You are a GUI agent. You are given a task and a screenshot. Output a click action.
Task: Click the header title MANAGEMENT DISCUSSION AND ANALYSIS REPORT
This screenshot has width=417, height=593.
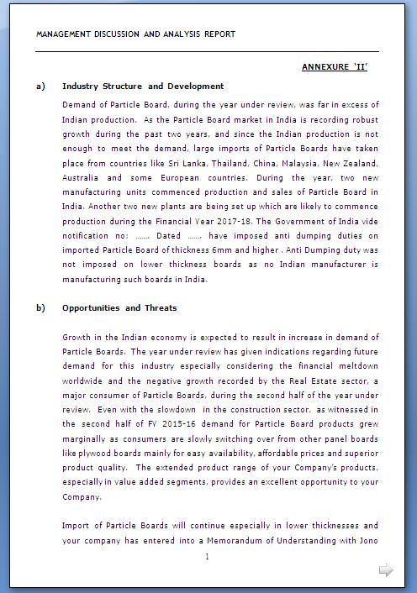pyautogui.click(x=136, y=34)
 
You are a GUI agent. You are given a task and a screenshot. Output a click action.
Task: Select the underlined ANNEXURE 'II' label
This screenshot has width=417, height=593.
pyautogui.click(x=335, y=66)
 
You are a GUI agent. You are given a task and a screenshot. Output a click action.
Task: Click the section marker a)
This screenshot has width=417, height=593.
pyautogui.click(x=40, y=86)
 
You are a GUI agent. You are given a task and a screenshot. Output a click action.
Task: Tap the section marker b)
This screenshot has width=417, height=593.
pyautogui.click(x=40, y=307)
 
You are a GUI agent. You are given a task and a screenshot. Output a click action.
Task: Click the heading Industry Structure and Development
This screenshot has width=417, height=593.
pyautogui.click(x=143, y=86)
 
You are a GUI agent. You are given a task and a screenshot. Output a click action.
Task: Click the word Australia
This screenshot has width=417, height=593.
pyautogui.click(x=81, y=178)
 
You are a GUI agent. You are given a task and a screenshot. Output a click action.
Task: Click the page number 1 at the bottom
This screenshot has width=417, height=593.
pyautogui.click(x=207, y=557)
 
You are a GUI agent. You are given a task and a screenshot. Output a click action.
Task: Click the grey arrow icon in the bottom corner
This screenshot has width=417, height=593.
pyautogui.click(x=386, y=571)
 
